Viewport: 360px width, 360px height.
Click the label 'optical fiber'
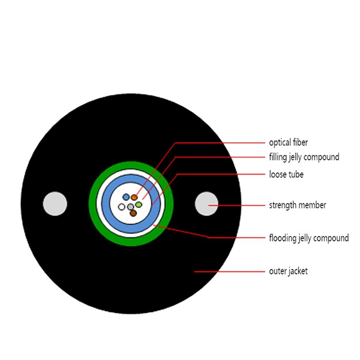(288, 143)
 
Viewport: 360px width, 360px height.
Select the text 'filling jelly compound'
(304, 157)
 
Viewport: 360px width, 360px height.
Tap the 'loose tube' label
(286, 175)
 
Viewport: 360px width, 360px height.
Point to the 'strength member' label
(297, 205)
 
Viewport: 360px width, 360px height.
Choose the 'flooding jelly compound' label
(309, 238)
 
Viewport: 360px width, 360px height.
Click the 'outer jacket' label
(288, 271)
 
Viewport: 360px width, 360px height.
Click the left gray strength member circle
(55, 204)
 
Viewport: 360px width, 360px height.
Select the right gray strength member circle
(207, 204)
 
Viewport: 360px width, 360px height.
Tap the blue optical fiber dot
(126, 197)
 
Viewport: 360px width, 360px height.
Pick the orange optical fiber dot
(134, 197)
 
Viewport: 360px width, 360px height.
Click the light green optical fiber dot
(139, 204)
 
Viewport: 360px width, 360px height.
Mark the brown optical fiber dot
(133, 213)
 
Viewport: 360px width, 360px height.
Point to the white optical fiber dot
(121, 207)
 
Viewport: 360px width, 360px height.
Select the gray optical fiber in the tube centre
(130, 207)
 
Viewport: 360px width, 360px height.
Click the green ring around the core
(131, 242)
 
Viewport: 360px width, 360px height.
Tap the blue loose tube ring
(131, 229)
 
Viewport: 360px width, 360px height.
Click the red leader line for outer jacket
(229, 272)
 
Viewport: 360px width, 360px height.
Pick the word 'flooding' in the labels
(283, 238)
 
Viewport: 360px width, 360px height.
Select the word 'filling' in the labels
(278, 157)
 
